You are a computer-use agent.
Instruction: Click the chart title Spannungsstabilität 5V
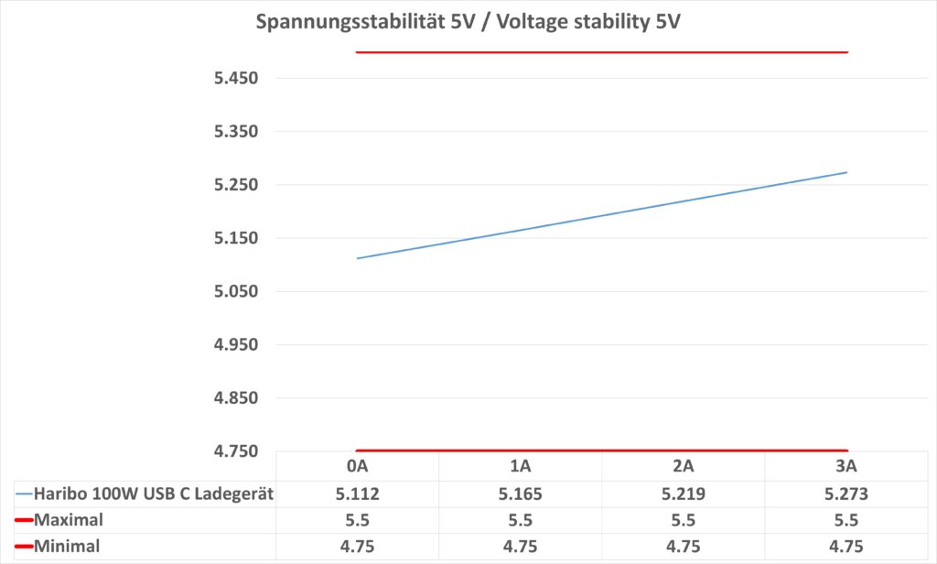pyautogui.click(x=468, y=21)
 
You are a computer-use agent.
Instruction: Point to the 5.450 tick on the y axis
pyautogui.click(x=236, y=79)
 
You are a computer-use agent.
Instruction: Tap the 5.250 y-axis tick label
pyautogui.click(x=236, y=185)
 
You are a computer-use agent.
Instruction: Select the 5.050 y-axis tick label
pyautogui.click(x=236, y=292)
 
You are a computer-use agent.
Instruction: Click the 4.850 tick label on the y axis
pyautogui.click(x=236, y=399)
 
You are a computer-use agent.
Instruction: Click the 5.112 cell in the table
pyautogui.click(x=357, y=494)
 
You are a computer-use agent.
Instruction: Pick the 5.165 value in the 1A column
pyautogui.click(x=520, y=494)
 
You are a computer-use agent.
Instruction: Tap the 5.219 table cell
pyautogui.click(x=683, y=494)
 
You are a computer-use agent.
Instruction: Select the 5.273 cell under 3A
pyautogui.click(x=846, y=494)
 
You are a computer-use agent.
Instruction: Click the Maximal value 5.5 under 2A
pyautogui.click(x=683, y=520)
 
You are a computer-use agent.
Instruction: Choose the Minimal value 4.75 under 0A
pyautogui.click(x=357, y=547)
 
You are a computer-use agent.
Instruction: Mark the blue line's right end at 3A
pyautogui.click(x=846, y=172)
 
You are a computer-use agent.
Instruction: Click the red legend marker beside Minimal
pyautogui.click(x=23, y=548)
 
